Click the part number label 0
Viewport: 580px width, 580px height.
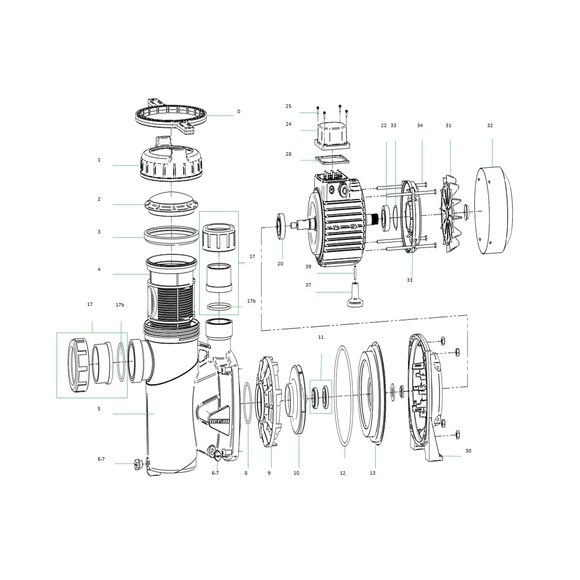(x=238, y=112)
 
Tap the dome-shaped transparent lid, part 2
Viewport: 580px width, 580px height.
(x=171, y=203)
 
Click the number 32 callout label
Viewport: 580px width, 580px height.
(x=490, y=126)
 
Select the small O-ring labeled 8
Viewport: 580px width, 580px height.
(x=247, y=403)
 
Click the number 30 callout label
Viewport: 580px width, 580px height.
(x=468, y=451)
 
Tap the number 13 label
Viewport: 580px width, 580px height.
(x=373, y=473)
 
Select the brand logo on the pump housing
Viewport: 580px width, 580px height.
(x=219, y=420)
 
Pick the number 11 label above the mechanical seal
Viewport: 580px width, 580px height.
(x=321, y=337)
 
